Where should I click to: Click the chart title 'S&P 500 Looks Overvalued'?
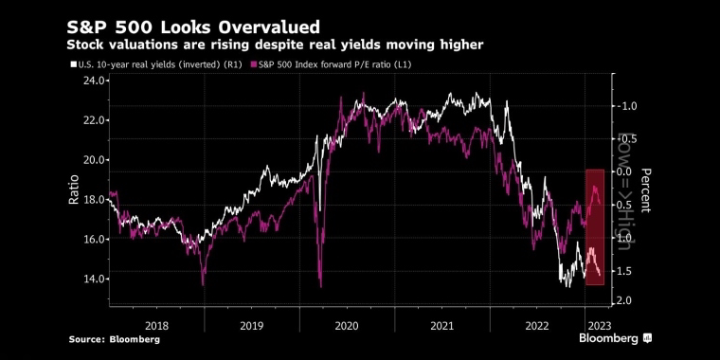(193, 27)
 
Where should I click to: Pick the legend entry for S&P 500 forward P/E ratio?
(331, 65)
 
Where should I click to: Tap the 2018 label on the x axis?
(156, 326)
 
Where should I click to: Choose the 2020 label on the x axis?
(347, 326)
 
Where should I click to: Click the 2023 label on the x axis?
(600, 326)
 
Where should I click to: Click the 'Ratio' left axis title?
(74, 190)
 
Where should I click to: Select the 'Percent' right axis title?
(645, 190)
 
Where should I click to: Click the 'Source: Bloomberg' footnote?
(115, 340)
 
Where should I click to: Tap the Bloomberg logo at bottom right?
(615, 339)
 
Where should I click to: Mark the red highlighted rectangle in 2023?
(595, 227)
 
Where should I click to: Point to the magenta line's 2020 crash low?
(320, 287)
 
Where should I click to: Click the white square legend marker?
(73, 65)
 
